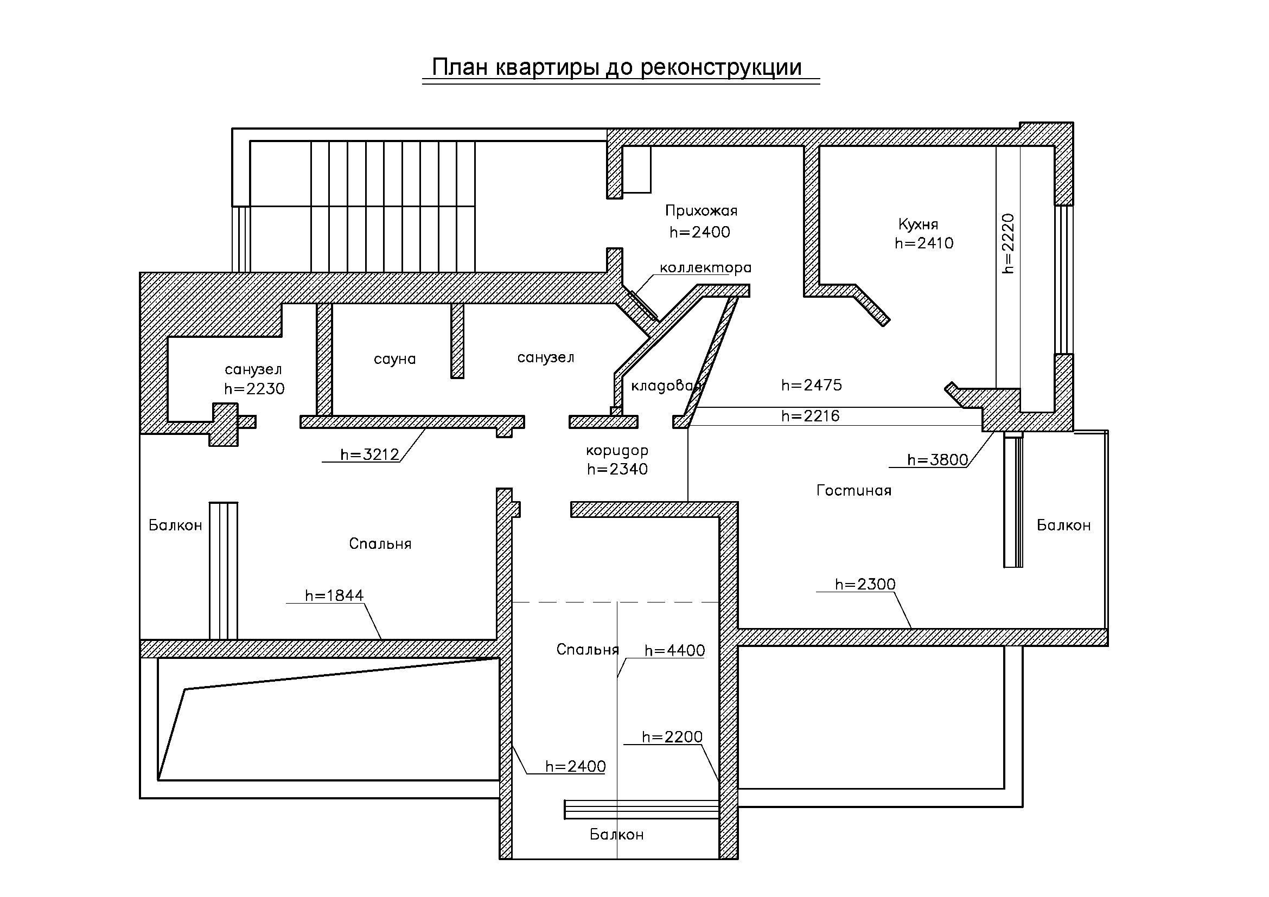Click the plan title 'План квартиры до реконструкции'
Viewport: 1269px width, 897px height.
tap(617, 68)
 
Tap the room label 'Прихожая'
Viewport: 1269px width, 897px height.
tap(701, 210)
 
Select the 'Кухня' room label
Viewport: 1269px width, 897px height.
tap(918, 225)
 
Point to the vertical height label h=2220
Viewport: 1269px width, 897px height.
tap(1008, 244)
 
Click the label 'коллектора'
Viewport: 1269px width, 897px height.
tap(706, 268)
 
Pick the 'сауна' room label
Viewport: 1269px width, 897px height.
tap(394, 360)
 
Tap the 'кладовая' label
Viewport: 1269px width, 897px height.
tap(666, 386)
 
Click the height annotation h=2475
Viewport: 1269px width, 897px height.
tap(811, 385)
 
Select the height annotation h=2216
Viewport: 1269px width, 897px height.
tap(810, 416)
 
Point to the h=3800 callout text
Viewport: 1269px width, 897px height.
tap(938, 459)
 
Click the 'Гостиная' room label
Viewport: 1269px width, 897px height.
tap(854, 490)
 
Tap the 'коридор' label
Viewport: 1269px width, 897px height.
tap(617, 451)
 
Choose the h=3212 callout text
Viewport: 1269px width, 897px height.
tap(370, 454)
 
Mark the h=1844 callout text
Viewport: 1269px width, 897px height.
tap(334, 595)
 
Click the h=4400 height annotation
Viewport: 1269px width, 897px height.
tap(675, 651)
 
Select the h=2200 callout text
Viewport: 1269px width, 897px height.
tap(672, 737)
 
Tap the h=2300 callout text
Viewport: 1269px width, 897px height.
tap(865, 585)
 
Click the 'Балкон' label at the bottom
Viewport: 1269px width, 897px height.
tap(617, 834)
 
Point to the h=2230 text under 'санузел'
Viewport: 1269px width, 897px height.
tap(254, 389)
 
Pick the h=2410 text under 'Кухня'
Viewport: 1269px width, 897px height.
tap(924, 243)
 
